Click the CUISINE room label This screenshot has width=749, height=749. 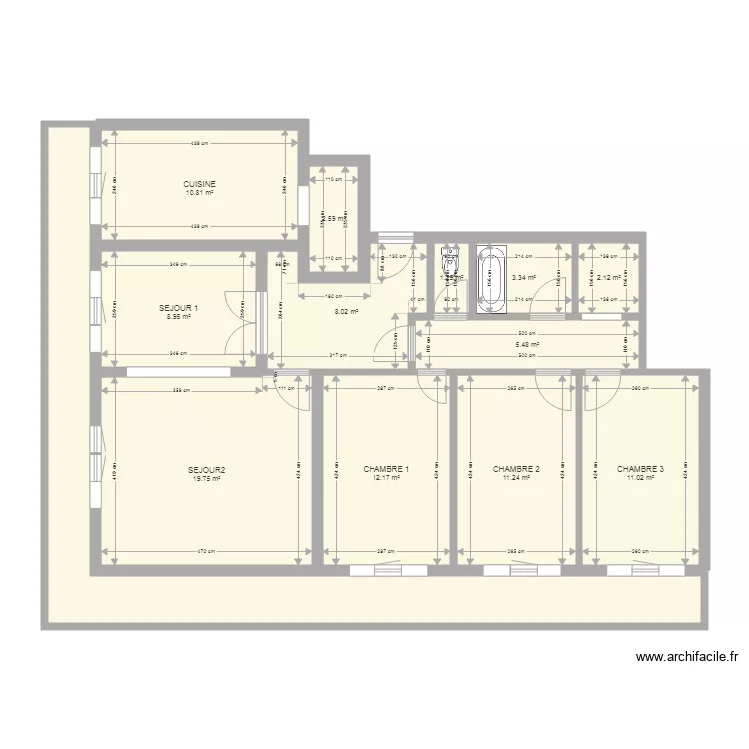click(x=200, y=184)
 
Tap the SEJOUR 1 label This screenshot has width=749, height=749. click(x=178, y=308)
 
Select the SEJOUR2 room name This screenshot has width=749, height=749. click(x=206, y=470)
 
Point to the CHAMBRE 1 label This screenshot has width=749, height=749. click(x=386, y=469)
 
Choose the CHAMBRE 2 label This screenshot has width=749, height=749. click(x=516, y=469)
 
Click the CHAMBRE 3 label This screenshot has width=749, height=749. click(x=640, y=468)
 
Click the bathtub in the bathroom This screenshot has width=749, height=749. click(x=490, y=279)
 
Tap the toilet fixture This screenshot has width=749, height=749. click(x=451, y=262)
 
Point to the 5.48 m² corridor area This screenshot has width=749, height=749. click(x=527, y=345)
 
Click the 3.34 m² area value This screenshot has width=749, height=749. click(x=524, y=279)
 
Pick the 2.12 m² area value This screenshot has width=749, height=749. click(x=609, y=279)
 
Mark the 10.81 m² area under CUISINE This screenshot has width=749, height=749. click(x=200, y=193)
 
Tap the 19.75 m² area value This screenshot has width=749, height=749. click(x=206, y=479)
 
